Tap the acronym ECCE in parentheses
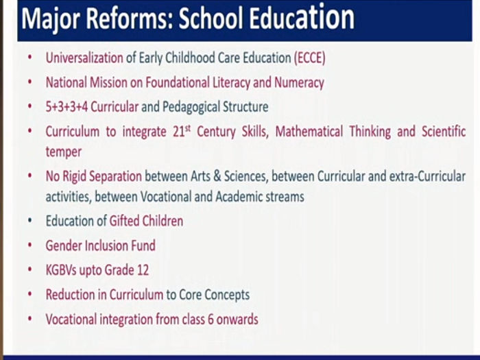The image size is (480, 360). tap(309, 58)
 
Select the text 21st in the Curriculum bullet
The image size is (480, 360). tap(176, 132)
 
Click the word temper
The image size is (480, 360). tap(63, 152)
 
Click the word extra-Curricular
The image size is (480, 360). tap(425, 176)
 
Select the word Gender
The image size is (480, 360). tap(63, 245)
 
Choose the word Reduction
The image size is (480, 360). tap(70, 295)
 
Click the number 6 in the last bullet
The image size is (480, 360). tap(209, 320)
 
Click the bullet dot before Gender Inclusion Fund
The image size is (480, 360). tap(29, 245)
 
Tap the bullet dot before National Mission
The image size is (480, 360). tap(29, 82)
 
